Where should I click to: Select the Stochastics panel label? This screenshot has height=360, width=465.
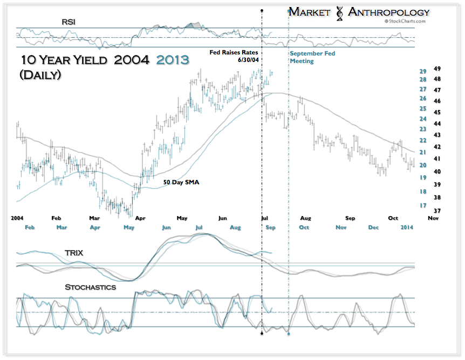tap(90, 287)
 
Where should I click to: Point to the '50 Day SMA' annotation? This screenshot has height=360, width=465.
tap(181, 183)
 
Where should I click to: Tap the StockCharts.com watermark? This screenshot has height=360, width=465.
tap(405, 22)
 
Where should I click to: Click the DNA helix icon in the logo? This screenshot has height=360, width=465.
tap(339, 13)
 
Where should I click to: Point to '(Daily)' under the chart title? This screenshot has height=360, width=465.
tap(40, 75)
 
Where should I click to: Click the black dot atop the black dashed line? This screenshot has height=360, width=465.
tap(262, 10)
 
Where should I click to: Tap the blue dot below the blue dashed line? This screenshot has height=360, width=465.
tap(289, 334)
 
